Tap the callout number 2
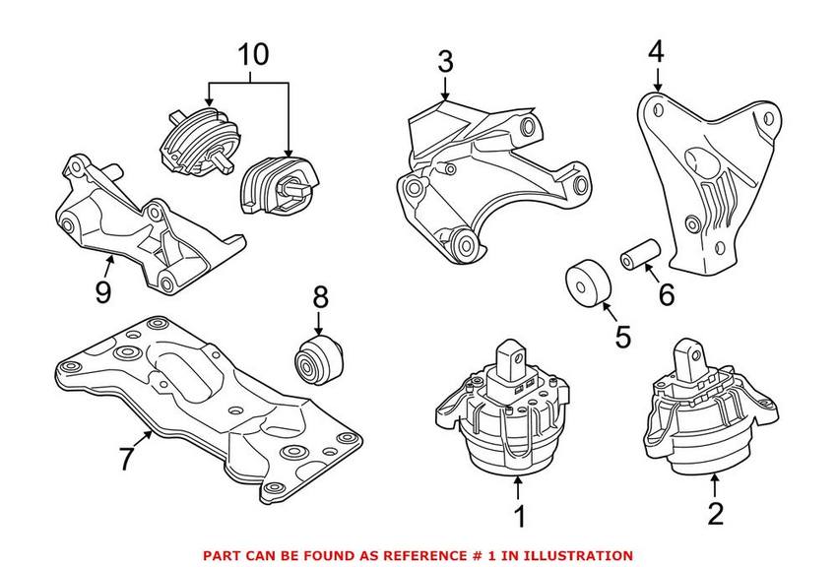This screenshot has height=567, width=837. coord(716,512)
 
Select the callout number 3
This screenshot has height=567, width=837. coord(445,62)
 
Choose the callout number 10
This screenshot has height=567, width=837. coord(254,54)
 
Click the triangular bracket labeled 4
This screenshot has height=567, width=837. coord(700,187)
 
